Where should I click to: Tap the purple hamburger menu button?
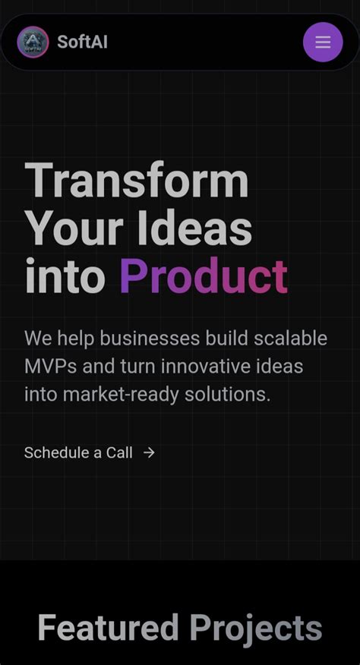(x=323, y=43)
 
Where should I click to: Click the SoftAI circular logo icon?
(x=33, y=43)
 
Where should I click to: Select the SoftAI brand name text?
(x=82, y=43)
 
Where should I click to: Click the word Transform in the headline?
(x=137, y=182)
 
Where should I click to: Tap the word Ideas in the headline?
(x=195, y=228)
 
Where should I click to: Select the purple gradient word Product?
(x=204, y=276)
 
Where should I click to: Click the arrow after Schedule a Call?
(x=150, y=452)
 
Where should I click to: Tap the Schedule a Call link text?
(x=78, y=452)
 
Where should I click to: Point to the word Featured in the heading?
(x=108, y=629)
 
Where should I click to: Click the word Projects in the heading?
(x=256, y=629)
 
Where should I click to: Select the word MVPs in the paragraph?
(x=50, y=367)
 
